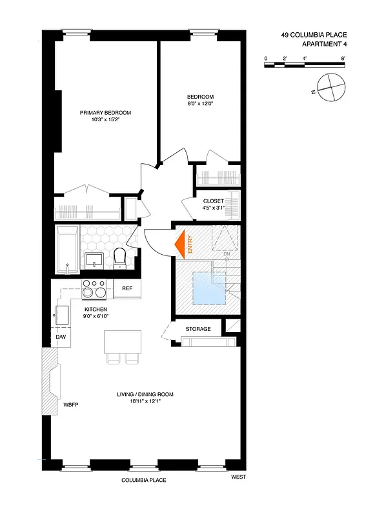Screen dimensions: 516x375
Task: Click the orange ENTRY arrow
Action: click(x=181, y=244)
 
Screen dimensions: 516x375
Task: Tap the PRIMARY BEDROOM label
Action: click(x=105, y=113)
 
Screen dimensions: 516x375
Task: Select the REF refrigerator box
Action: click(x=127, y=289)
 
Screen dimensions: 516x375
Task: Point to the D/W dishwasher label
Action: click(x=60, y=337)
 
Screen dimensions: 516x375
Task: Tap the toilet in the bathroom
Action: click(x=119, y=258)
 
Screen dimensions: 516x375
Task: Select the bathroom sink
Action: click(x=95, y=260)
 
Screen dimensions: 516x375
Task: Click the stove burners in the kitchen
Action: click(x=95, y=288)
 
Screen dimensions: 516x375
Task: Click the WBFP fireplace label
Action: click(x=71, y=406)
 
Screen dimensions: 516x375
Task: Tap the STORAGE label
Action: click(x=198, y=329)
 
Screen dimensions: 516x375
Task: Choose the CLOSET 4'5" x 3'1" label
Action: click(x=213, y=204)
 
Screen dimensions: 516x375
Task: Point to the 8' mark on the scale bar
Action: click(x=343, y=59)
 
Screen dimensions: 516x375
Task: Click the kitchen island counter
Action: click(x=123, y=342)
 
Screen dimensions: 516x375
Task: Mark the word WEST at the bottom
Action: click(x=239, y=478)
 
